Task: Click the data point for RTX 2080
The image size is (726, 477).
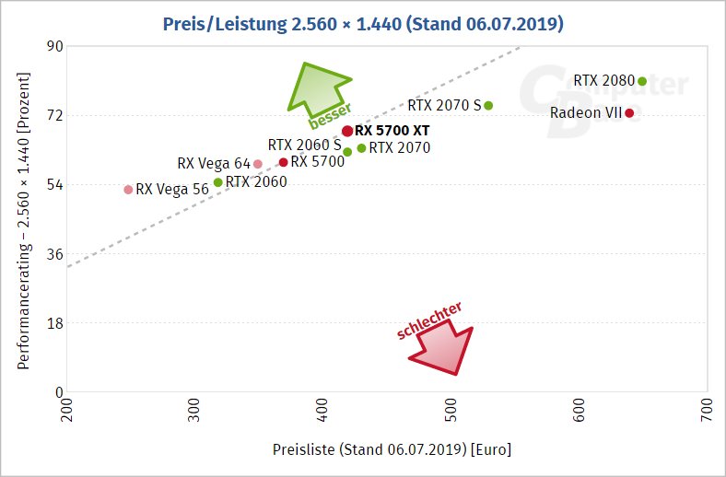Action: pyautogui.click(x=642, y=81)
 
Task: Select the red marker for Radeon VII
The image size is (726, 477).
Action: pyautogui.click(x=629, y=113)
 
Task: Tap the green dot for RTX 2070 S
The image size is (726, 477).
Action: pyautogui.click(x=488, y=105)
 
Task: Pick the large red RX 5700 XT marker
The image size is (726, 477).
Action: pyautogui.click(x=347, y=131)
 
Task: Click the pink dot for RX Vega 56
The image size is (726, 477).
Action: pyautogui.click(x=128, y=190)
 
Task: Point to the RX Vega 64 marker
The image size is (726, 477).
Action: pyautogui.click(x=258, y=164)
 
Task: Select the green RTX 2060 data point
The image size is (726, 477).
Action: pyautogui.click(x=217, y=181)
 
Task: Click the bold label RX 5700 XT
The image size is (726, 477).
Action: pyautogui.click(x=392, y=131)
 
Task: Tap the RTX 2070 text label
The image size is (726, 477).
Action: pyautogui.click(x=400, y=147)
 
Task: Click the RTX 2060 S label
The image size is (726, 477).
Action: pyautogui.click(x=304, y=145)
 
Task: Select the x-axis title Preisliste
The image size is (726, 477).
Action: pyautogui.click(x=392, y=450)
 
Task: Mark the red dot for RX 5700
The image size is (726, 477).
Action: pyautogui.click(x=284, y=162)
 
